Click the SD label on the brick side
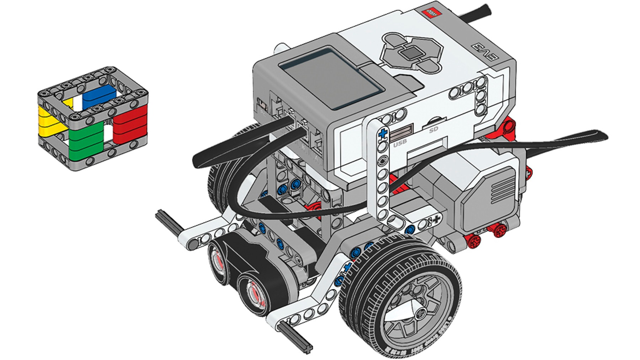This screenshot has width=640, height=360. click(433, 130)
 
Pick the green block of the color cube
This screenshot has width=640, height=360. click(85, 141)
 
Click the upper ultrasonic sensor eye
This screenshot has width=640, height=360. click(219, 261)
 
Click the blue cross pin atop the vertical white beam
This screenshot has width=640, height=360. click(383, 134)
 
